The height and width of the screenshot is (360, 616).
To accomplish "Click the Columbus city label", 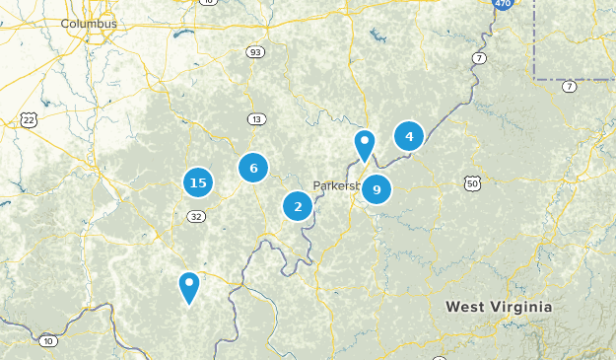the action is (x=89, y=23).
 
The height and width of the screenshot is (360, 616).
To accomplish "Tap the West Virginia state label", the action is (x=499, y=307).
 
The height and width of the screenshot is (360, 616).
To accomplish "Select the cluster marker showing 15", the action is (x=198, y=182).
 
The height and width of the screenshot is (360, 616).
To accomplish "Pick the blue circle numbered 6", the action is (x=253, y=168).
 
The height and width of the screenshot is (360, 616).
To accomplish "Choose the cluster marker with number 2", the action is (x=298, y=206).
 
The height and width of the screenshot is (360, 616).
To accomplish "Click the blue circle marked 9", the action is (x=376, y=189).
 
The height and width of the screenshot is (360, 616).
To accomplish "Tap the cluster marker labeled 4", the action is (x=409, y=136).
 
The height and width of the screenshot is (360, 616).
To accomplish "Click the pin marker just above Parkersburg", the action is (x=365, y=145).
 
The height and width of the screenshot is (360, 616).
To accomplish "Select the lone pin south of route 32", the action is (x=188, y=286).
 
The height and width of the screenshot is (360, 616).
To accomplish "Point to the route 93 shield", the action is (x=255, y=52).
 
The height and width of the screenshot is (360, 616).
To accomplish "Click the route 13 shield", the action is (x=256, y=119).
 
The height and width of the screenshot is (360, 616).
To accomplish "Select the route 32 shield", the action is (x=198, y=216).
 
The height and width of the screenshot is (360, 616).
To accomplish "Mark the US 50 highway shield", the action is (x=473, y=182).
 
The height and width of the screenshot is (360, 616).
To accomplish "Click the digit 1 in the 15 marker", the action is (x=193, y=182).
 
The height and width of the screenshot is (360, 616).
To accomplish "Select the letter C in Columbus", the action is (x=64, y=23).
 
